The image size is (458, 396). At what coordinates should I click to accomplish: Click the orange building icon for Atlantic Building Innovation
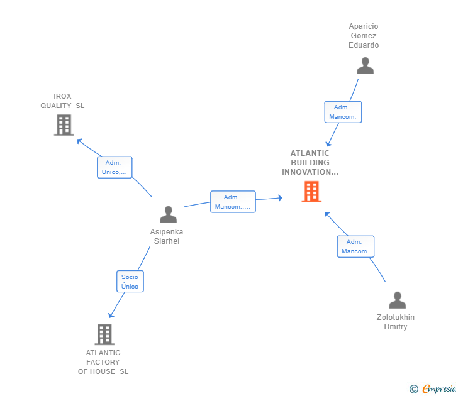click(x=311, y=192)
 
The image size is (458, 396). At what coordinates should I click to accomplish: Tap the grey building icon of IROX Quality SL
click(x=64, y=125)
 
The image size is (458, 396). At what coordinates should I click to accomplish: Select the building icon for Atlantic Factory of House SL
click(x=104, y=334)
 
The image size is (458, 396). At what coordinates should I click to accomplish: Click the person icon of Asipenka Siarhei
click(x=168, y=214)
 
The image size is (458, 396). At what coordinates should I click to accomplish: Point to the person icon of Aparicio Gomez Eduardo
click(x=365, y=65)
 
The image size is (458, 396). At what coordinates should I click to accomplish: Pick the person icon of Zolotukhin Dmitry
click(x=397, y=300)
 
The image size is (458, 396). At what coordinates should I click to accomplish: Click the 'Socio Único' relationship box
click(x=130, y=281)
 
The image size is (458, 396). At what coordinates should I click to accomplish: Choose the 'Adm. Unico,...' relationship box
click(x=115, y=167)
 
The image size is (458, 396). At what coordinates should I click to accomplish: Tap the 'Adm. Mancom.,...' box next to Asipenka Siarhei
click(x=233, y=202)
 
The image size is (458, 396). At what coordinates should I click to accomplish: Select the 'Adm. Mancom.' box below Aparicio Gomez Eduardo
click(x=343, y=112)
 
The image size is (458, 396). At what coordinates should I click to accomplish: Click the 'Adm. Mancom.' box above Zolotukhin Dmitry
click(x=355, y=246)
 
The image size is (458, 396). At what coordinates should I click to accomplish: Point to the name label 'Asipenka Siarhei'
click(x=167, y=236)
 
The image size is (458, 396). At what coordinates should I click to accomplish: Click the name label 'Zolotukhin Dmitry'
click(x=396, y=322)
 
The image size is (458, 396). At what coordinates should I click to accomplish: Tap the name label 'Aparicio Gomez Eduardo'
click(x=364, y=36)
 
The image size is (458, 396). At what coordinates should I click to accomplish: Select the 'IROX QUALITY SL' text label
click(x=62, y=101)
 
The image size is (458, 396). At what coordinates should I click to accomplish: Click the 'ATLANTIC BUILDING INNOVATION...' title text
click(x=310, y=163)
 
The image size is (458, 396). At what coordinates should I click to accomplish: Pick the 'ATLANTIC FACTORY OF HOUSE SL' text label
click(x=103, y=362)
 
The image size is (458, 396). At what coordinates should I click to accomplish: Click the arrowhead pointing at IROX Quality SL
click(x=79, y=140)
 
